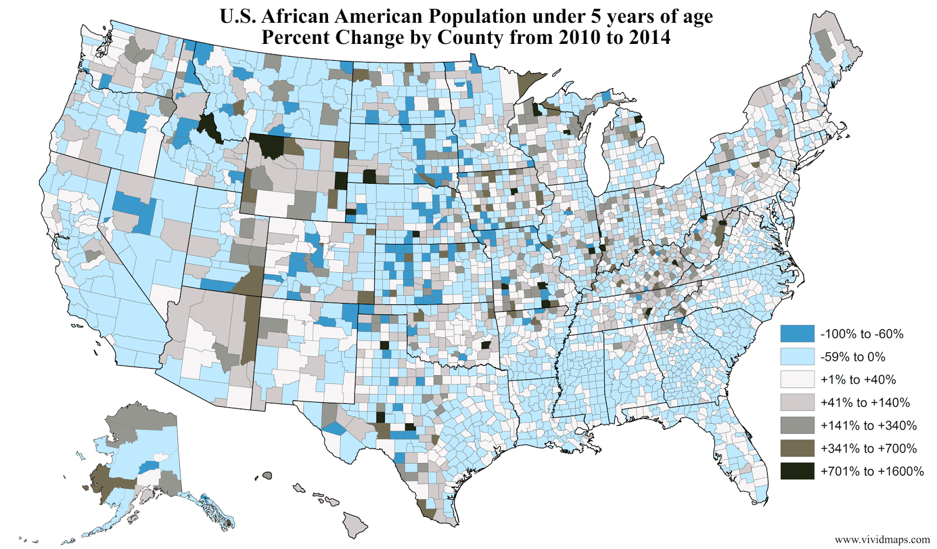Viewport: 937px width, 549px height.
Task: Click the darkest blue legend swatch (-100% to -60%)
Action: (797, 334)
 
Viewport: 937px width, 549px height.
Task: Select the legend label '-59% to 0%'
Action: (853, 357)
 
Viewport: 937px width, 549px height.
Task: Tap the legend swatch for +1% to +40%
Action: (797, 379)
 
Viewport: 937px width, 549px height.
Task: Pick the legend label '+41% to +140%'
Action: (865, 403)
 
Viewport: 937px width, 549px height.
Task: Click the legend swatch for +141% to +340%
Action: (797, 426)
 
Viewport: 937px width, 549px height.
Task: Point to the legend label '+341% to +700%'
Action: (868, 449)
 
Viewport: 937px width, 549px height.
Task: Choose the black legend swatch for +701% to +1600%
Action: (797, 471)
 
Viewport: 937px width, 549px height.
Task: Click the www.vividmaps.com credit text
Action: (882, 539)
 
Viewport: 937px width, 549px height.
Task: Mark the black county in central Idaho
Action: (208, 127)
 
